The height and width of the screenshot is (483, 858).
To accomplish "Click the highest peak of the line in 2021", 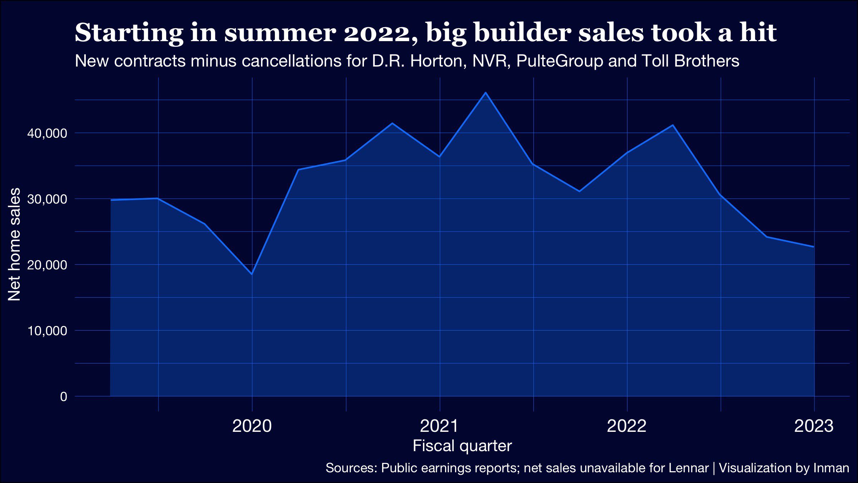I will click(485, 93).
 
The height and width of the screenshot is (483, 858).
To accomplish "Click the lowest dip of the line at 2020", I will click(252, 274).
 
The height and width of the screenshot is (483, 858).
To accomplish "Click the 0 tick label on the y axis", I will click(64, 396).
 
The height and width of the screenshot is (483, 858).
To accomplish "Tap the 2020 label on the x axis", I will click(252, 426).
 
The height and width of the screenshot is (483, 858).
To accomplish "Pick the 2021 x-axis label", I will click(439, 426).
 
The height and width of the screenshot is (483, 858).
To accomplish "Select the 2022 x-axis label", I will click(627, 426).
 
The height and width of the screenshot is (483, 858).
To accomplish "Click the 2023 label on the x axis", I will click(814, 426).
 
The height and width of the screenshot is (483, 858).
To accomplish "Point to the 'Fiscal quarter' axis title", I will click(462, 446).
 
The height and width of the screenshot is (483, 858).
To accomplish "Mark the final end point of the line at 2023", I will click(814, 247).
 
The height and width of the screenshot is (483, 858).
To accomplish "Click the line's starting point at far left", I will click(111, 200).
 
